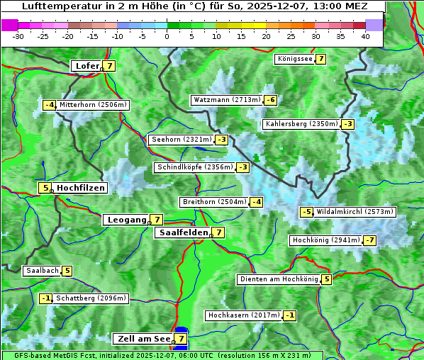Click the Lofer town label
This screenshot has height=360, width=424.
tap(87, 66)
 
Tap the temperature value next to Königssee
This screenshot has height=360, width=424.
tap(320, 59)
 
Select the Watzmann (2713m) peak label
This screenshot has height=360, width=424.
tap(226, 100)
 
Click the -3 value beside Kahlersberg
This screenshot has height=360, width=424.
tap(347, 124)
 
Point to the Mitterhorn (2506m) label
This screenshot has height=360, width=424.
tap(93, 105)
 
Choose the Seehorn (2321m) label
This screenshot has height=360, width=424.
tap(181, 140)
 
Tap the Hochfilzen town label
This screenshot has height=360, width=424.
tap(81, 188)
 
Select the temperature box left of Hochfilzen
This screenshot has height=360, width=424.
tap(45, 188)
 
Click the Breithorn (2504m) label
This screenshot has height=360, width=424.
tap(213, 202)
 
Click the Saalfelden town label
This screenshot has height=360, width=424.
tap(183, 232)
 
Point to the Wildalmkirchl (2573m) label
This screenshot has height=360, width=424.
tap(355, 212)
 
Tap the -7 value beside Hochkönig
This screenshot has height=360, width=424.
tap(370, 240)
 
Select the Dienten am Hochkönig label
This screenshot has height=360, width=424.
tap(278, 279)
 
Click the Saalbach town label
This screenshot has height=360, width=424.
tap(42, 271)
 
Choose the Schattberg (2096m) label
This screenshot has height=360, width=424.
tap(91, 298)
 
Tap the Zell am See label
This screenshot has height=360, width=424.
tap(143, 339)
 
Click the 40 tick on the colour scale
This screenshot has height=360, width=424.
tap(364, 35)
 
